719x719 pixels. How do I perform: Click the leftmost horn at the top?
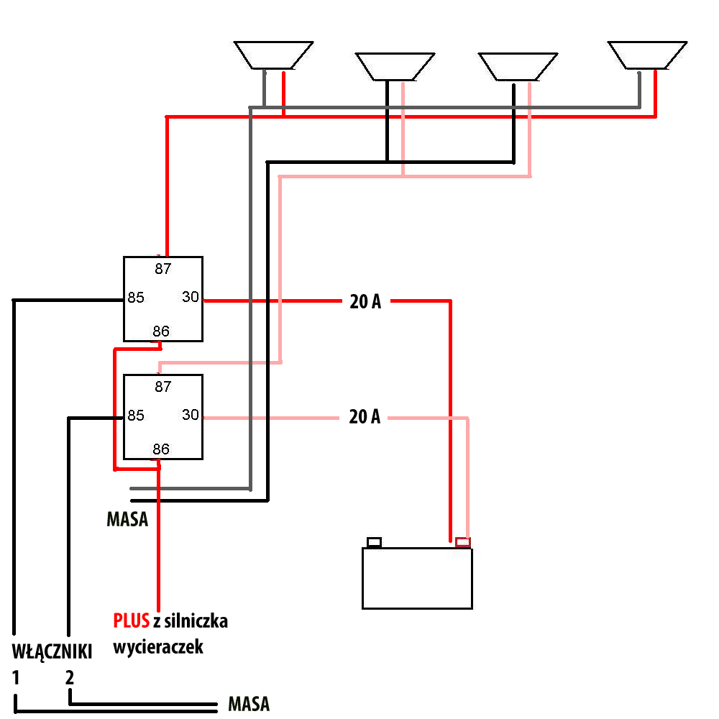click(274, 55)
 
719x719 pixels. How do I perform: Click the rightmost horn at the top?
click(647, 55)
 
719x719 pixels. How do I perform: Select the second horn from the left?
click(395, 66)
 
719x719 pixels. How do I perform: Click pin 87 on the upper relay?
click(163, 269)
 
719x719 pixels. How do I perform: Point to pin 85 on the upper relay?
click(136, 298)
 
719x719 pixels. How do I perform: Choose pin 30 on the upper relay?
click(191, 297)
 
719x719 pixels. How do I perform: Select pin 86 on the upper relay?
click(161, 331)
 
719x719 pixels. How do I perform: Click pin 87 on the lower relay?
click(163, 386)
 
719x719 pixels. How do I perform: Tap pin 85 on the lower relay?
click(136, 416)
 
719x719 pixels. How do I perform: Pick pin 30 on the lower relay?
click(191, 415)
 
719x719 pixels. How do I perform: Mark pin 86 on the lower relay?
click(161, 449)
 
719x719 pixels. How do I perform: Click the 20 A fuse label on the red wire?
click(365, 302)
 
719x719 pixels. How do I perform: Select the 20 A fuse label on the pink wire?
click(365, 416)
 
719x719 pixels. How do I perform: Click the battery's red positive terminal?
click(463, 542)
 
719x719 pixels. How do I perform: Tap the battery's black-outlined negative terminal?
click(375, 542)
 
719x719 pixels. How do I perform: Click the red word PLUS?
click(131, 620)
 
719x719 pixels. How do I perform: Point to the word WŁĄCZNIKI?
click(52, 652)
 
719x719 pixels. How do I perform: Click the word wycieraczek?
click(158, 646)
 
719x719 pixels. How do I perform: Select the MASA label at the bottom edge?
click(249, 704)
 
